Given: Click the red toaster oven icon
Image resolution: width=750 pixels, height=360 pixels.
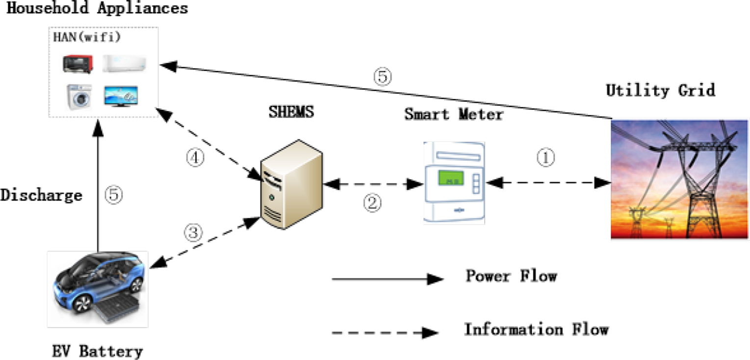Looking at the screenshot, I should [78, 64].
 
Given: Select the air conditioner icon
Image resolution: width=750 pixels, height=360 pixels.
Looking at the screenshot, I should [124, 64].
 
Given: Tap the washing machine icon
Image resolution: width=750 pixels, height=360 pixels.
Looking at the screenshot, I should [78, 97].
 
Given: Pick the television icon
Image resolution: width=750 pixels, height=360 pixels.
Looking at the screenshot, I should [121, 96].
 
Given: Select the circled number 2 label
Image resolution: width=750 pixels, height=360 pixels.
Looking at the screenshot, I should [371, 202].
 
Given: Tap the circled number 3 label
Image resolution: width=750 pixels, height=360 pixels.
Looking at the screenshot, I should [193, 232].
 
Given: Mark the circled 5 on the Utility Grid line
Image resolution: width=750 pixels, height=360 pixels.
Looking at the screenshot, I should [382, 77].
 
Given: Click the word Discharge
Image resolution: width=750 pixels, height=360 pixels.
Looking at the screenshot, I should [41, 195].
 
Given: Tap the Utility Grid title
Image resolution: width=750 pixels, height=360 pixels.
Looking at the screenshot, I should [660, 91].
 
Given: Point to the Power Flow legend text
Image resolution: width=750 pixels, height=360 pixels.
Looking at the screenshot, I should [511, 276].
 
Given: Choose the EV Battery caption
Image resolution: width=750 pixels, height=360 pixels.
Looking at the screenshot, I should [97, 351].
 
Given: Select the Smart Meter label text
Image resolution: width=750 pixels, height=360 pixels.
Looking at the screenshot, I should [454, 115].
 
